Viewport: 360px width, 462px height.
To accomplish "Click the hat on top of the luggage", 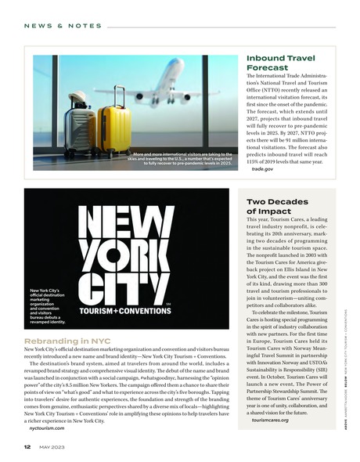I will click(x=78, y=98).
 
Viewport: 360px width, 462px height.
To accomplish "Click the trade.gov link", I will click(x=262, y=168).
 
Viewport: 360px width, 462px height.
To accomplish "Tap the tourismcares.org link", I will click(x=271, y=420).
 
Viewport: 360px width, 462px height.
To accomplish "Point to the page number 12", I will click(x=27, y=447).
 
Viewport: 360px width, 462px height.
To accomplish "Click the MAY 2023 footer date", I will click(x=52, y=447).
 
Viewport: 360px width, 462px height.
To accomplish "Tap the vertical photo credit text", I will click(x=346, y=368).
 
